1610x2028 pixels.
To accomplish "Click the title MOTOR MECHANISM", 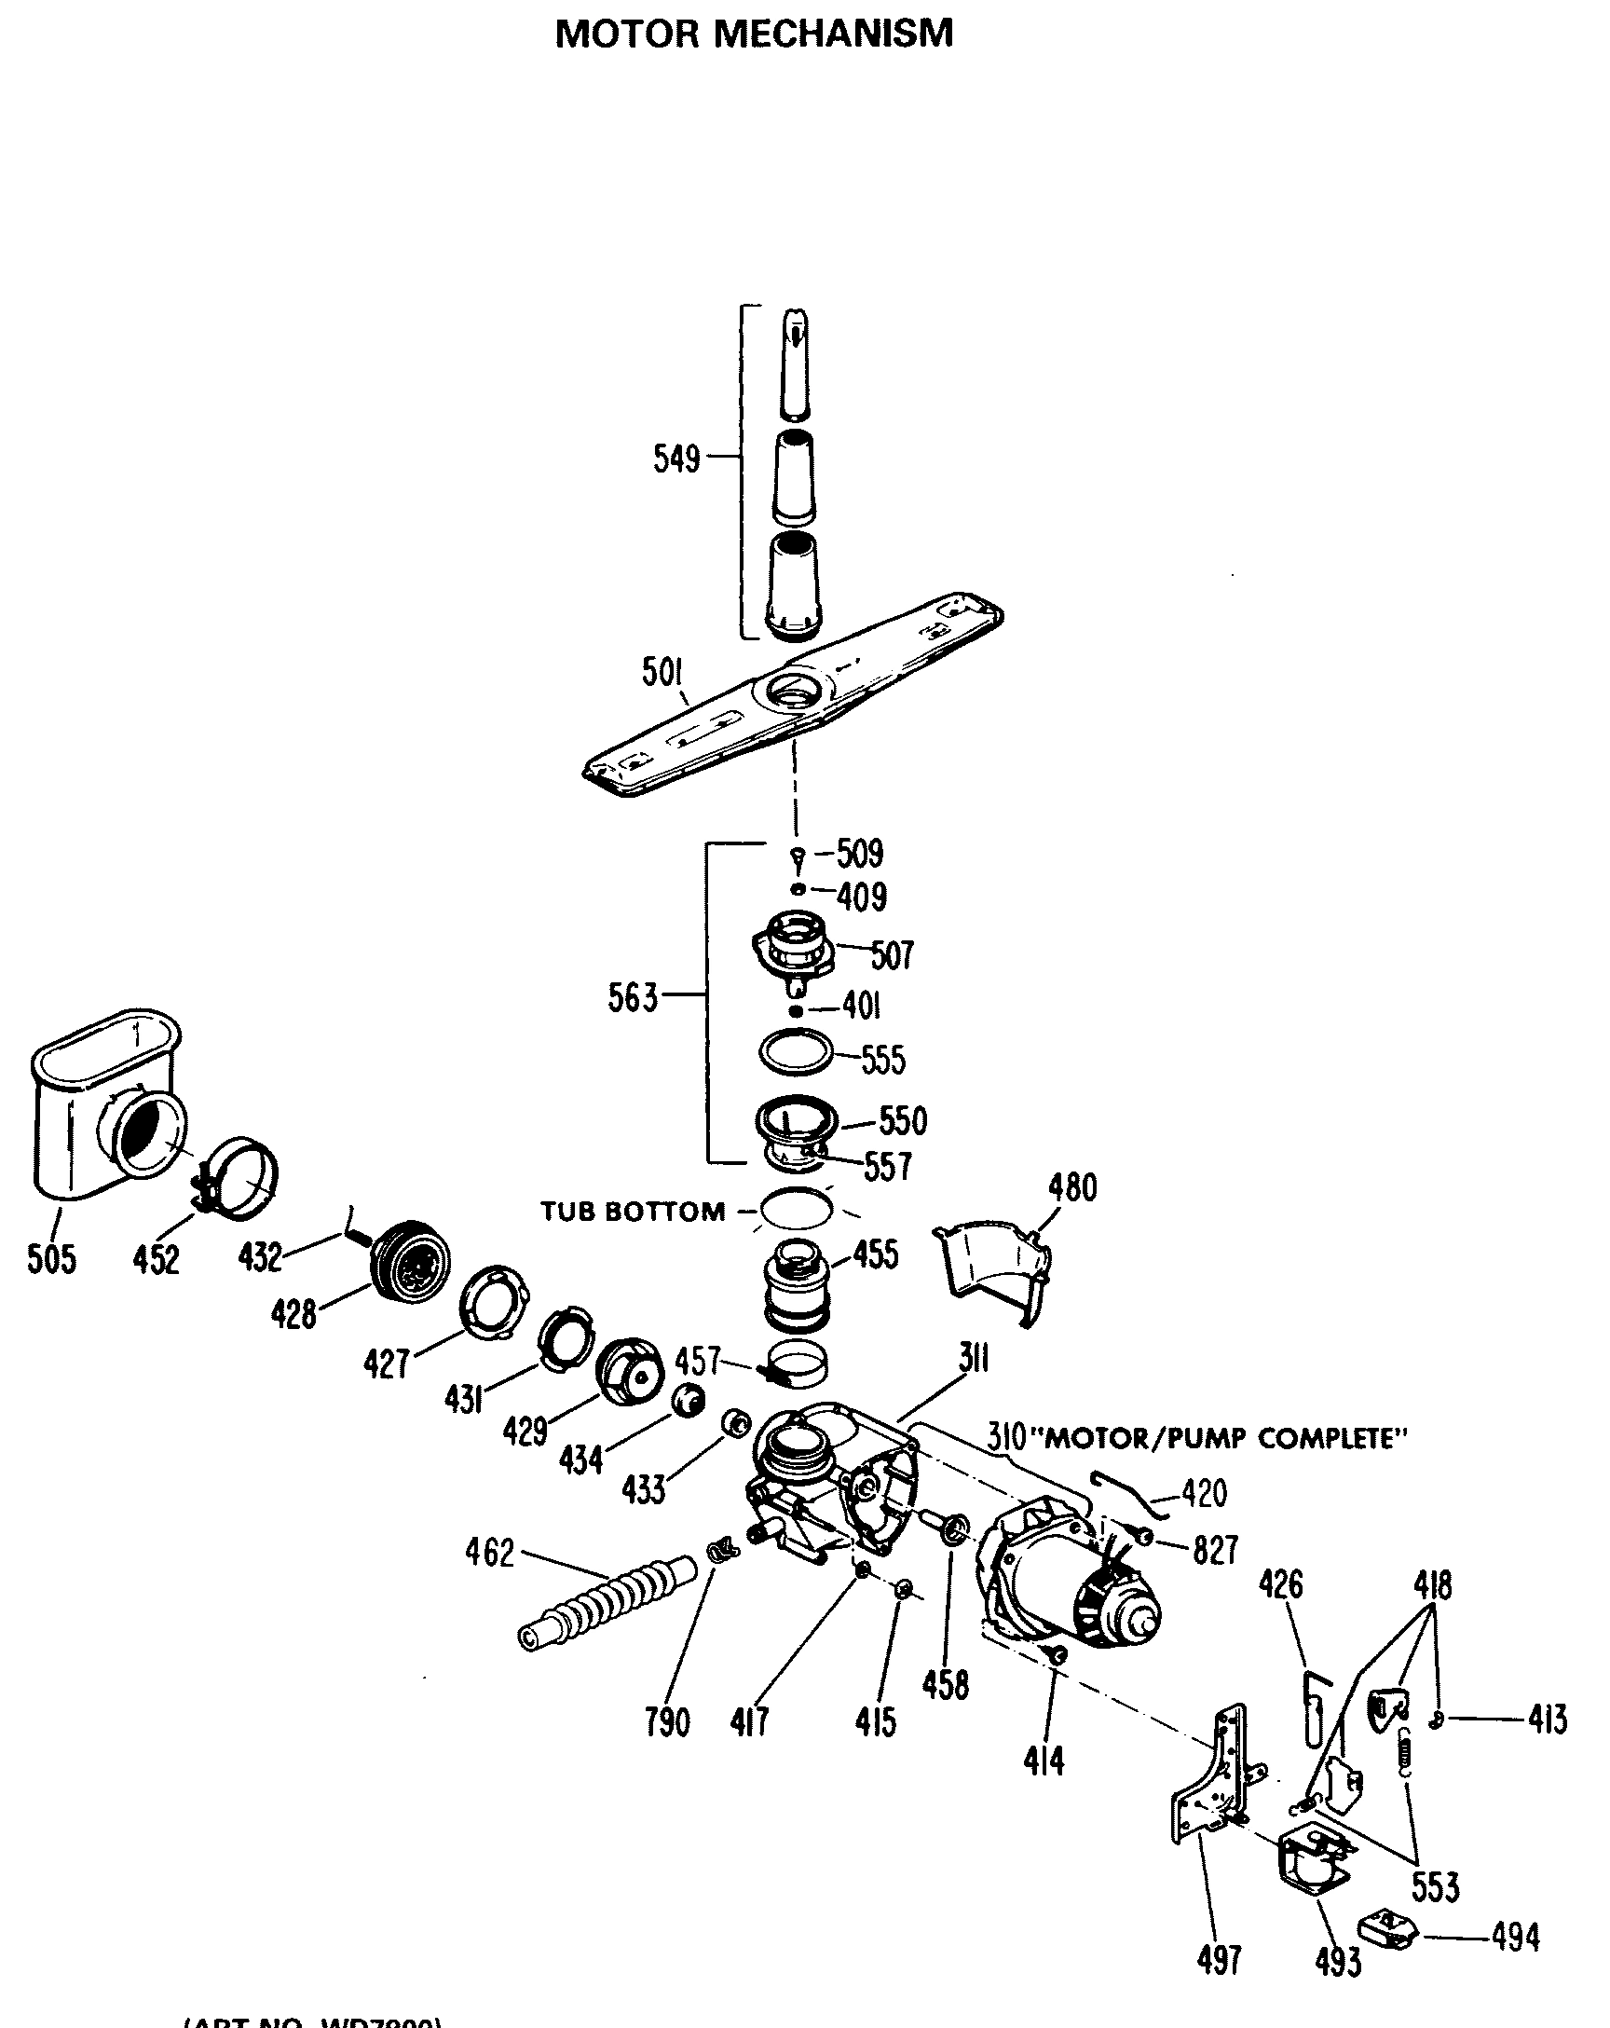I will [753, 34].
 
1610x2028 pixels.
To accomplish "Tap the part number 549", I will [676, 459].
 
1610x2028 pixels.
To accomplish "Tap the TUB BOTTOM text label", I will [632, 1212].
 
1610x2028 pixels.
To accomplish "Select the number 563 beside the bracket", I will [632, 997].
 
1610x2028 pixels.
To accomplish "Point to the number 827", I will [1215, 1550].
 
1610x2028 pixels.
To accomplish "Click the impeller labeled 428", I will [411, 1262].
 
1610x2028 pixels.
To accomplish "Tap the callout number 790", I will [667, 1722].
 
